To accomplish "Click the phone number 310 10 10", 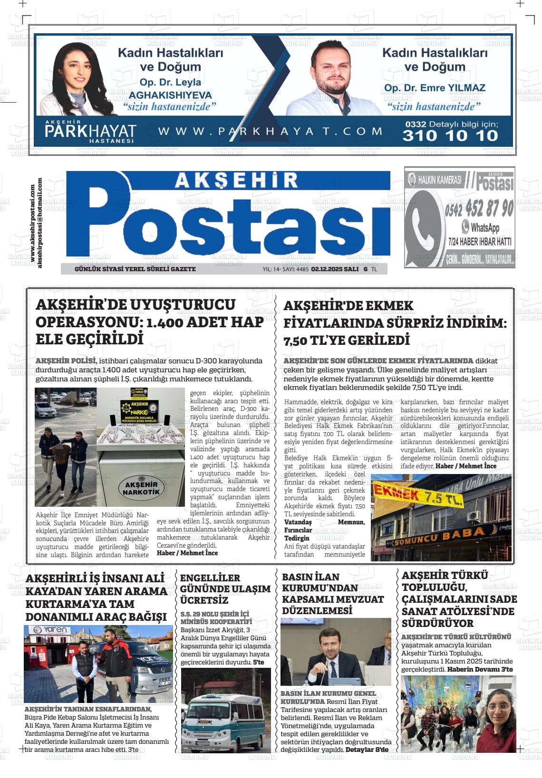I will pyautogui.click(x=450, y=136).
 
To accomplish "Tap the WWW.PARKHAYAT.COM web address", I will pyautogui.click(x=270, y=131).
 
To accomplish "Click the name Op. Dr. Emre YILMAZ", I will pyautogui.click(x=435, y=88).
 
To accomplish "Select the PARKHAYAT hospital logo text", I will pyautogui.click(x=90, y=132).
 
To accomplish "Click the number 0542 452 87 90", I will pyautogui.click(x=479, y=208).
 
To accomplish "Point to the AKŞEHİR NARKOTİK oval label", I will pyautogui.click(x=141, y=488).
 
